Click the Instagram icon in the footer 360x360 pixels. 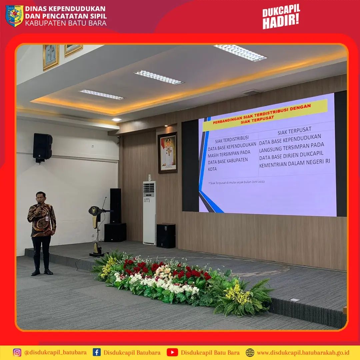click(17, 352)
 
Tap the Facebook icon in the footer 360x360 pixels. click(97, 352)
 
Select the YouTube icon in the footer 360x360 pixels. click(172, 352)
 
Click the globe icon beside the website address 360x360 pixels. click(250, 352)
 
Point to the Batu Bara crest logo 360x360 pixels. click(14, 16)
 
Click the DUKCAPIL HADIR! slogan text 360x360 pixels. click(281, 17)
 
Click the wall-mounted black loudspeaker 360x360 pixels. click(42, 147)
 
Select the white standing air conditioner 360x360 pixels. click(149, 213)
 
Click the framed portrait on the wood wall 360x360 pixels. click(168, 153)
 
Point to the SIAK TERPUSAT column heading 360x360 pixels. click(294, 131)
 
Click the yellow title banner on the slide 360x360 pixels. click(265, 115)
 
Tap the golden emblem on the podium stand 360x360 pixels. click(94, 211)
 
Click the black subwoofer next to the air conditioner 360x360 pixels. click(166, 236)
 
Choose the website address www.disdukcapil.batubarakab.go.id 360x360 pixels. click(303, 353)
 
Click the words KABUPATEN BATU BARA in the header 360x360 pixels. click(66, 23)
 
